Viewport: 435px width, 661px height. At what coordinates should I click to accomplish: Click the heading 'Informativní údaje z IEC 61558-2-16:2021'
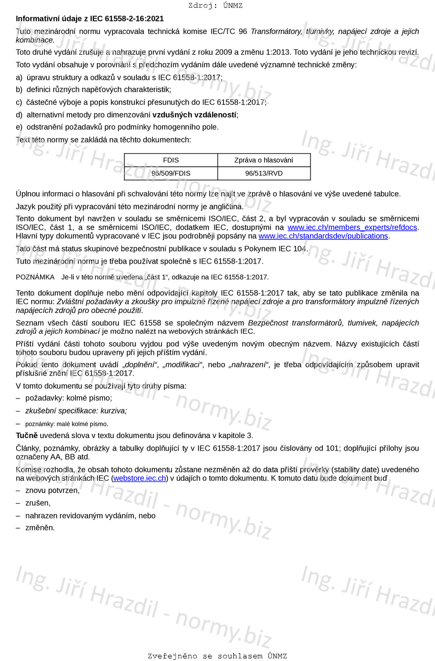(90, 19)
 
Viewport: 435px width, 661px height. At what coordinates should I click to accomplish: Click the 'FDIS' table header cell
(171, 160)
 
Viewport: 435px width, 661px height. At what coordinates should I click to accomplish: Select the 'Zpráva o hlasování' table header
(264, 160)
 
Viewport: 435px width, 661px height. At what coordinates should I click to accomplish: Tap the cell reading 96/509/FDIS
(171, 173)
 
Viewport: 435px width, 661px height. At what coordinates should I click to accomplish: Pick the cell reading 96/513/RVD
(264, 173)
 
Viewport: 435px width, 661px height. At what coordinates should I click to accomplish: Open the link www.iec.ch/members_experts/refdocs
(352, 228)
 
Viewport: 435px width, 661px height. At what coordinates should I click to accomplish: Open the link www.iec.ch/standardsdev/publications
(323, 236)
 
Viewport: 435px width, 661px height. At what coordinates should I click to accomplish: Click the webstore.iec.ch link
(140, 478)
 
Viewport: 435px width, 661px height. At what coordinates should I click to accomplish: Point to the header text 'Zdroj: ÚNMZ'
(216, 6)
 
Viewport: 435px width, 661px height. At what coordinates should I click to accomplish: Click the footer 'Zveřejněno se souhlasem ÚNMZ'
(217, 656)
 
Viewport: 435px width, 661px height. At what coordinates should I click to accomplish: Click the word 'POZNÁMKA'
(35, 277)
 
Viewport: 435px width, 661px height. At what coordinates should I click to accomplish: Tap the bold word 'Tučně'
(27, 435)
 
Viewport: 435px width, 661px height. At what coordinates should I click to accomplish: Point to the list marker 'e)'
(19, 127)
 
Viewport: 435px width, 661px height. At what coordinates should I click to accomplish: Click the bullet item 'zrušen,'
(38, 503)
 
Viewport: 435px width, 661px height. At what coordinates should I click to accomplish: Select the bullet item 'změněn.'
(40, 528)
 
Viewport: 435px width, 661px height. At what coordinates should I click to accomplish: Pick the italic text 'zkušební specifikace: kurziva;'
(76, 411)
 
